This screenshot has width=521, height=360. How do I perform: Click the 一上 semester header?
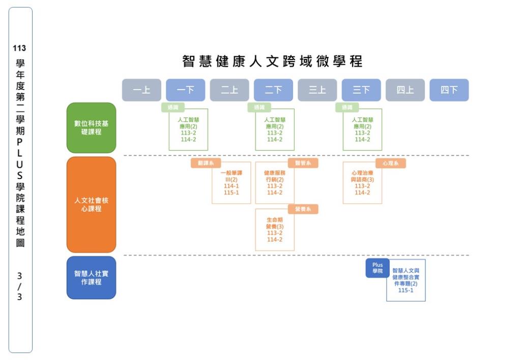click(141, 90)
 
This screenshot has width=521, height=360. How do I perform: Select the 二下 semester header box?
click(273, 90)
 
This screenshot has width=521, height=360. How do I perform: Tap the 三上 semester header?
click(317, 90)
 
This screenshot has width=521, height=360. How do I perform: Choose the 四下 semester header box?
click(449, 90)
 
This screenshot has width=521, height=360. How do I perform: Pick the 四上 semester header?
click(405, 90)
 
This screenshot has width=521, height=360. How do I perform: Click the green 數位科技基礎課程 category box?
click(92, 128)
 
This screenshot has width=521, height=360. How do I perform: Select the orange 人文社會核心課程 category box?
click(92, 204)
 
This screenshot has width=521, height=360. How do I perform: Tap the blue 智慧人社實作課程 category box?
click(92, 278)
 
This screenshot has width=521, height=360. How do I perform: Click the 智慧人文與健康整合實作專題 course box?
click(406, 281)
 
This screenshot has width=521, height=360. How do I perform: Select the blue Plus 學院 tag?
click(378, 268)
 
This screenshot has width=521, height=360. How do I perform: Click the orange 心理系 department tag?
click(391, 163)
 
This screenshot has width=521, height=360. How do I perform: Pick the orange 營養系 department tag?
click(303, 209)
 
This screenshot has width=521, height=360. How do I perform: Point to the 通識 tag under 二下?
click(259, 107)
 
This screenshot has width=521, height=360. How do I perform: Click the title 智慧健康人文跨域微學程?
click(273, 62)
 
